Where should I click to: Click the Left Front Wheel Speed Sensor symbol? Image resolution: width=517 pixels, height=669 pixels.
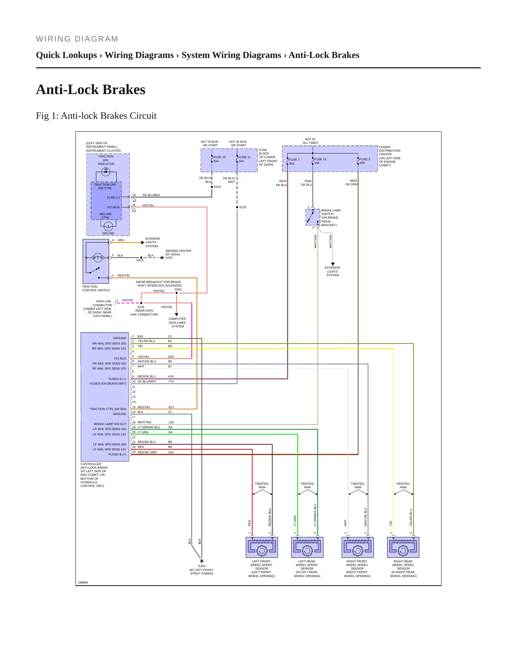pyautogui.click(x=262, y=547)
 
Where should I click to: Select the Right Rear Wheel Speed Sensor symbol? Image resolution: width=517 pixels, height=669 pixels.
pyautogui.click(x=403, y=547)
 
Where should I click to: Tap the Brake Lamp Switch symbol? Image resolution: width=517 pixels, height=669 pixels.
pyautogui.click(x=313, y=217)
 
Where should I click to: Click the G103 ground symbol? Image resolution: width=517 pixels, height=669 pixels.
pyautogui.click(x=202, y=561)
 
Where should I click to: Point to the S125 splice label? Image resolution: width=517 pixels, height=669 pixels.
pyautogui.click(x=243, y=207)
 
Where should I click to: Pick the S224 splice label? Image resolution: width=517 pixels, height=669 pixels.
pyautogui.click(x=217, y=187)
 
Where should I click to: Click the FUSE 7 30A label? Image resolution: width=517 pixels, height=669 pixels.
pyautogui.click(x=294, y=161)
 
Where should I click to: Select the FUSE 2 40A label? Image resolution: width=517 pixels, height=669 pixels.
pyautogui.click(x=365, y=161)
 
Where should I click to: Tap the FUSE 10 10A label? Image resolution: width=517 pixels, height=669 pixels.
pyautogui.click(x=219, y=159)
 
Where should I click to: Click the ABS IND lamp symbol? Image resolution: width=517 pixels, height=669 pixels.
pyautogui.click(x=108, y=226)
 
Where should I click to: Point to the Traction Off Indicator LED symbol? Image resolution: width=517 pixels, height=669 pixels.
pyautogui.click(x=106, y=172)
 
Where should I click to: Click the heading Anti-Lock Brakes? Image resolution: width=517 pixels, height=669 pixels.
pyautogui.click(x=91, y=89)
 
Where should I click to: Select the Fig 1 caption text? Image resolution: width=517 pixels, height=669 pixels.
pyautogui.click(x=96, y=116)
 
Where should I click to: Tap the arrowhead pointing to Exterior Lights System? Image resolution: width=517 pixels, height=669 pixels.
pyautogui.click(x=333, y=264)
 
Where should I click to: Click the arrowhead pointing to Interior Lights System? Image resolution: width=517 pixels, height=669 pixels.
pyautogui.click(x=143, y=243)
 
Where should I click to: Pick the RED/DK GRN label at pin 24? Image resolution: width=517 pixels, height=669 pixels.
pyautogui.click(x=147, y=452)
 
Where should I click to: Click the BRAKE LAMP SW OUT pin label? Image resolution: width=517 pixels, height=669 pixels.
pyautogui.click(x=110, y=424)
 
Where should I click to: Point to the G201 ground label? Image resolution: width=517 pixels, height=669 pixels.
pyautogui.click(x=169, y=258)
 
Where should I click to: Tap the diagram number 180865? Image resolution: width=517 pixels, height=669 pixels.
pyautogui.click(x=83, y=582)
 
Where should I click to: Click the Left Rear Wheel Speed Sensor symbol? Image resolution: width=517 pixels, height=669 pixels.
pyautogui.click(x=307, y=547)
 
